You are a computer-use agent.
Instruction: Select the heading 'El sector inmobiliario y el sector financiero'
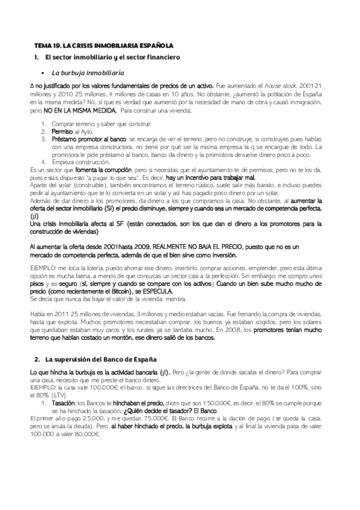113,57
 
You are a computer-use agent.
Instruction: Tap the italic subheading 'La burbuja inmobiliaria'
90,72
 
